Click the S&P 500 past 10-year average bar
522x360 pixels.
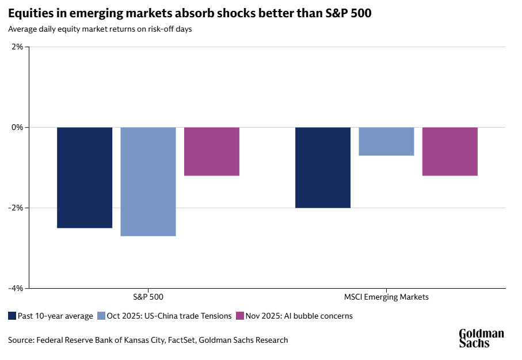pos(85,177)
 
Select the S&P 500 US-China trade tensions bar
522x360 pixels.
pos(148,181)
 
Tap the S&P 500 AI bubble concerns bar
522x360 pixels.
pos(212,151)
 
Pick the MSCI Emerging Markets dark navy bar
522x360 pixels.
pos(323,167)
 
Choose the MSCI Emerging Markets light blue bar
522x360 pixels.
pos(386,141)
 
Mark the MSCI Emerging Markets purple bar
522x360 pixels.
pos(450,151)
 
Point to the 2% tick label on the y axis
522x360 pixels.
pos(16,47)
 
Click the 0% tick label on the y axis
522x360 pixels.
pos(16,127)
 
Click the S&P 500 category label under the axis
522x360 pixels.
pos(148,297)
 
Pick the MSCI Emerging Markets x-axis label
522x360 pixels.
pos(386,297)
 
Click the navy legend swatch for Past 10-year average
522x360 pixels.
pos(12,316)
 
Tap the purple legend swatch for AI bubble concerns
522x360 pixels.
pos(240,316)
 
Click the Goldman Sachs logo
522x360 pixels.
pos(481,338)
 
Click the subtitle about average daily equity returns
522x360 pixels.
pos(100,29)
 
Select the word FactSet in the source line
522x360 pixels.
pos(182,340)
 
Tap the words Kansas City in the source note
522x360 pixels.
pos(144,340)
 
